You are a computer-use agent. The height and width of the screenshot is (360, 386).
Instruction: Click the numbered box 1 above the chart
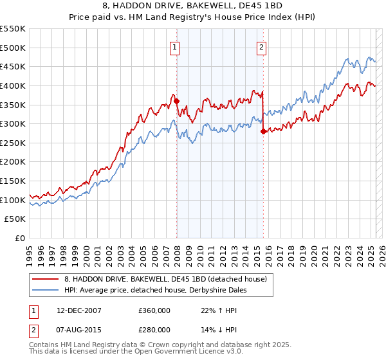(175, 46)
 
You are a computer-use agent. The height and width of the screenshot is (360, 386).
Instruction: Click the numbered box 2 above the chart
(262, 46)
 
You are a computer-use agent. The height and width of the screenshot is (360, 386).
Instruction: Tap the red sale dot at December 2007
(176, 100)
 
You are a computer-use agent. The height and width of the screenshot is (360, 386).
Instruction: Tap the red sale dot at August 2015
(263, 131)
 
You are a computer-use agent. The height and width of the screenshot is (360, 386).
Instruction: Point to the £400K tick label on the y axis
(13, 85)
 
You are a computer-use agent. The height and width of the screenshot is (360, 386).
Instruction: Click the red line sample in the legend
(45, 278)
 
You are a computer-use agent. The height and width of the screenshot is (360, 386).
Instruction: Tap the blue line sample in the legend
(45, 290)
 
